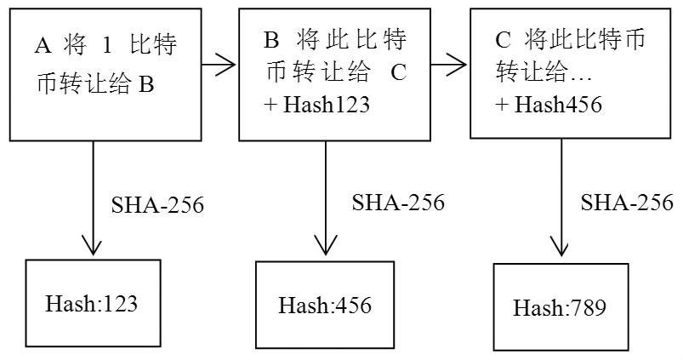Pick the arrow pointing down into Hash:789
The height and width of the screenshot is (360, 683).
[561, 200]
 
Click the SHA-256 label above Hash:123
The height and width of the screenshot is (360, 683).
[157, 206]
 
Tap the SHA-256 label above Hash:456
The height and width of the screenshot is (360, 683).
[398, 203]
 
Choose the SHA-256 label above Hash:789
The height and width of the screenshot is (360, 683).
[627, 203]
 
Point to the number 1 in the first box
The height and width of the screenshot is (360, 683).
[100, 43]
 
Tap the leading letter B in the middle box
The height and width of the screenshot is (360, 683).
[272, 40]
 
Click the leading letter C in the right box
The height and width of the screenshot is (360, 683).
[503, 40]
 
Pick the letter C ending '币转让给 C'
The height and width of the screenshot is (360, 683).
[399, 73]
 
